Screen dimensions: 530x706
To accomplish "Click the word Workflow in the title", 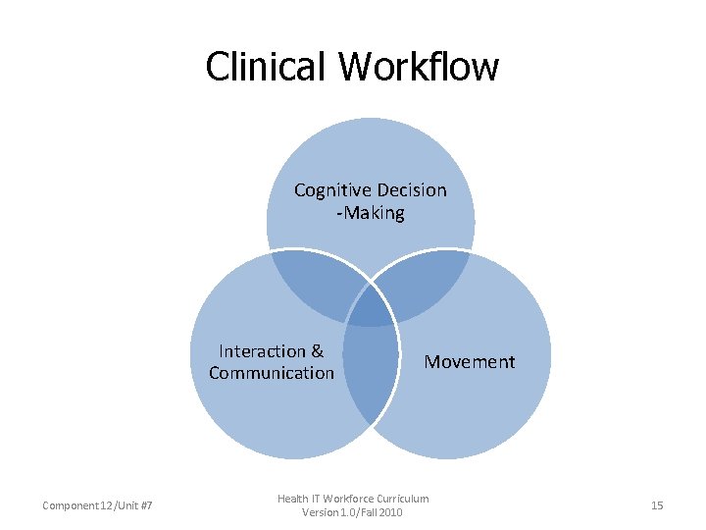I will (419, 67).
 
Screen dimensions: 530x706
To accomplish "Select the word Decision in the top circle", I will (409, 190).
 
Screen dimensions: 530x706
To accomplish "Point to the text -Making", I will (370, 213).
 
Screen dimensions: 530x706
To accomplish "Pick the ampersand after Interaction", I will (317, 351).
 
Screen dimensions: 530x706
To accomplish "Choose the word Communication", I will (272, 373).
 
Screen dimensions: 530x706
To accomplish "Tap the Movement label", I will (469, 362).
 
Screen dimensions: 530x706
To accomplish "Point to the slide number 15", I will (657, 505).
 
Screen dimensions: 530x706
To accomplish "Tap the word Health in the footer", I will (294, 500).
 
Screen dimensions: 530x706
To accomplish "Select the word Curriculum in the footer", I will (402, 500).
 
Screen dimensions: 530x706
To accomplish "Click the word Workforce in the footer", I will (348, 500).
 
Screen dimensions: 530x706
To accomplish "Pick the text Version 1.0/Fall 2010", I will (352, 513).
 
